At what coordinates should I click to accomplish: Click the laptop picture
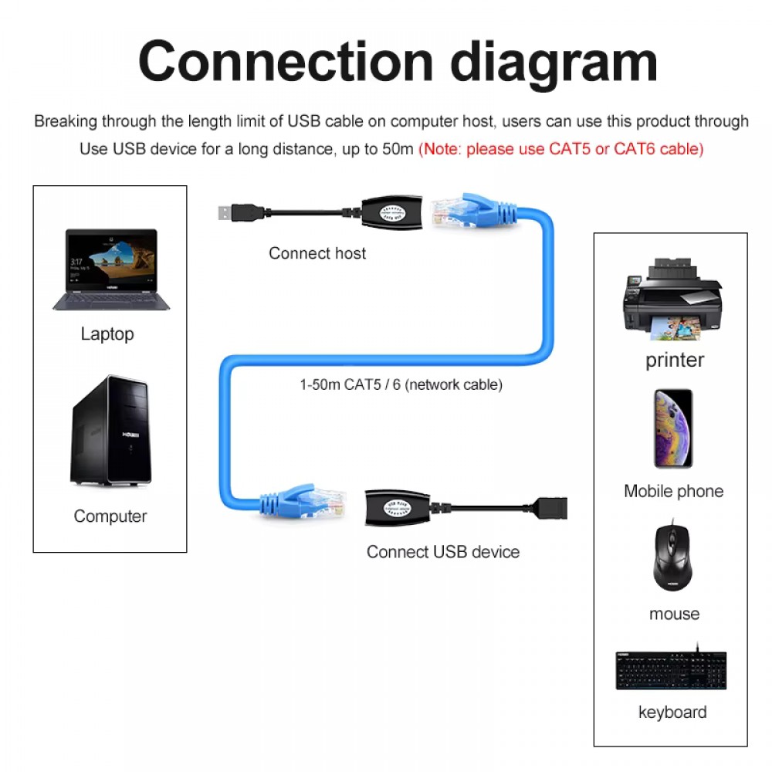tap(111, 269)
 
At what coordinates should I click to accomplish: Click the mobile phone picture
tap(673, 428)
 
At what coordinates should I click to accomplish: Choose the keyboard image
tap(671, 669)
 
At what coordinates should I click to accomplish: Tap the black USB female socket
tap(549, 509)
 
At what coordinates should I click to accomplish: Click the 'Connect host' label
tap(317, 253)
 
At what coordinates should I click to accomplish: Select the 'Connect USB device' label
tap(442, 552)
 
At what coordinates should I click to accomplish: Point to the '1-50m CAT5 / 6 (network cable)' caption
tap(401, 384)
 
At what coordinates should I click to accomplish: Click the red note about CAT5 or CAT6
tap(561, 149)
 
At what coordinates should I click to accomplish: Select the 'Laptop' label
tap(107, 334)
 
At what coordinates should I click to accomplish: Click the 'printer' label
tap(675, 360)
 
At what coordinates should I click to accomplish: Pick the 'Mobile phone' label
tap(673, 491)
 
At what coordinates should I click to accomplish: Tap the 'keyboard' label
tap(672, 713)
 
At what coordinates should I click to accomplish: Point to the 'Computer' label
tap(110, 516)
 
